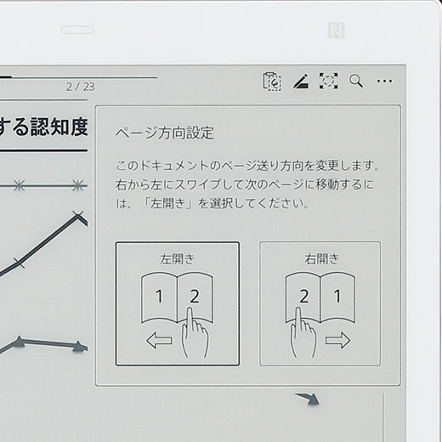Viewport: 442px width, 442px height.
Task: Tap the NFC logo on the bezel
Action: [x=337, y=30]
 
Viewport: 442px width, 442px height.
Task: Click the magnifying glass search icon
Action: [x=356, y=81]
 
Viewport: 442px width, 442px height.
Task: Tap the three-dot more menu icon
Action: [x=384, y=81]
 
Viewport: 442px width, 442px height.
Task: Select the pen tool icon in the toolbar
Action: [x=301, y=81]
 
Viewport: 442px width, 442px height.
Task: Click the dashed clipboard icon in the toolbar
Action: [x=272, y=82]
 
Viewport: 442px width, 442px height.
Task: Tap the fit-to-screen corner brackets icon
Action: [x=329, y=81]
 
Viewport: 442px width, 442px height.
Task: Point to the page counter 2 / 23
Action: [x=81, y=87]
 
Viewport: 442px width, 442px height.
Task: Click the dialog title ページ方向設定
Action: [x=165, y=133]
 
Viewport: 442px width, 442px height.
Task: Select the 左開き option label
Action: [x=178, y=258]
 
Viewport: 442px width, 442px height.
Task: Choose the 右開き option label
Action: [x=322, y=258]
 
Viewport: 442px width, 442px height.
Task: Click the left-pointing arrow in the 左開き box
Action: [x=159, y=340]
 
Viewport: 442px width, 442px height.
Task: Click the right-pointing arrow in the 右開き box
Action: [x=338, y=340]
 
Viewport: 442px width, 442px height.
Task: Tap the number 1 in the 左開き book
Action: [x=159, y=297]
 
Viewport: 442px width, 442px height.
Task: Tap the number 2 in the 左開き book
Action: [x=195, y=297]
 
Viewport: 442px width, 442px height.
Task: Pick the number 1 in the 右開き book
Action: [x=337, y=297]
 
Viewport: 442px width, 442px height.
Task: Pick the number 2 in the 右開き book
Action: [x=304, y=297]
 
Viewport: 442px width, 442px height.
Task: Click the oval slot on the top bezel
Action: [x=77, y=30]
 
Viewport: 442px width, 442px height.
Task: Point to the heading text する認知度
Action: [x=42, y=127]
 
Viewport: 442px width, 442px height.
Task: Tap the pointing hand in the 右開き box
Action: [x=303, y=333]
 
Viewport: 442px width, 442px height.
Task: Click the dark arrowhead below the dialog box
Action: [x=310, y=399]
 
